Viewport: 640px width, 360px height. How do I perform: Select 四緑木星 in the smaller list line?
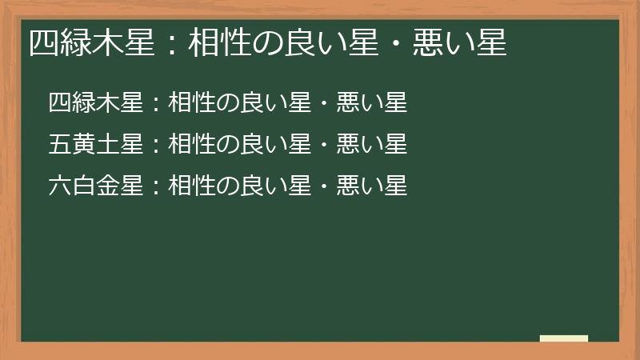pyautogui.click(x=95, y=102)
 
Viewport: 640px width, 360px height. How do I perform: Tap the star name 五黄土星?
pyautogui.click(x=95, y=144)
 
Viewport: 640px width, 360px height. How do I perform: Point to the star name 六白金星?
pyautogui.click(x=95, y=186)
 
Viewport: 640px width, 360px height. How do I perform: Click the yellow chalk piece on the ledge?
pyautogui.click(x=563, y=338)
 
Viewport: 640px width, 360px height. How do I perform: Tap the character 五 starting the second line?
pyautogui.click(x=60, y=144)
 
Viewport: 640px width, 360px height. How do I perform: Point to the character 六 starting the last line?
pyautogui.click(x=60, y=186)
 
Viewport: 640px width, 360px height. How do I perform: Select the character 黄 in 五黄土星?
pyautogui.click(x=83, y=144)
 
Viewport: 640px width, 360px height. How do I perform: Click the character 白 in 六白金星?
pyautogui.click(x=83, y=186)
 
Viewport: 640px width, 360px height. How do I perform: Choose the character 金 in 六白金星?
pyautogui.click(x=107, y=186)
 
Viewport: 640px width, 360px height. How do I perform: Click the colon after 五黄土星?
pyautogui.click(x=156, y=145)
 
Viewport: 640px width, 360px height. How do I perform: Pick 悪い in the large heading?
pyautogui.click(x=445, y=42)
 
